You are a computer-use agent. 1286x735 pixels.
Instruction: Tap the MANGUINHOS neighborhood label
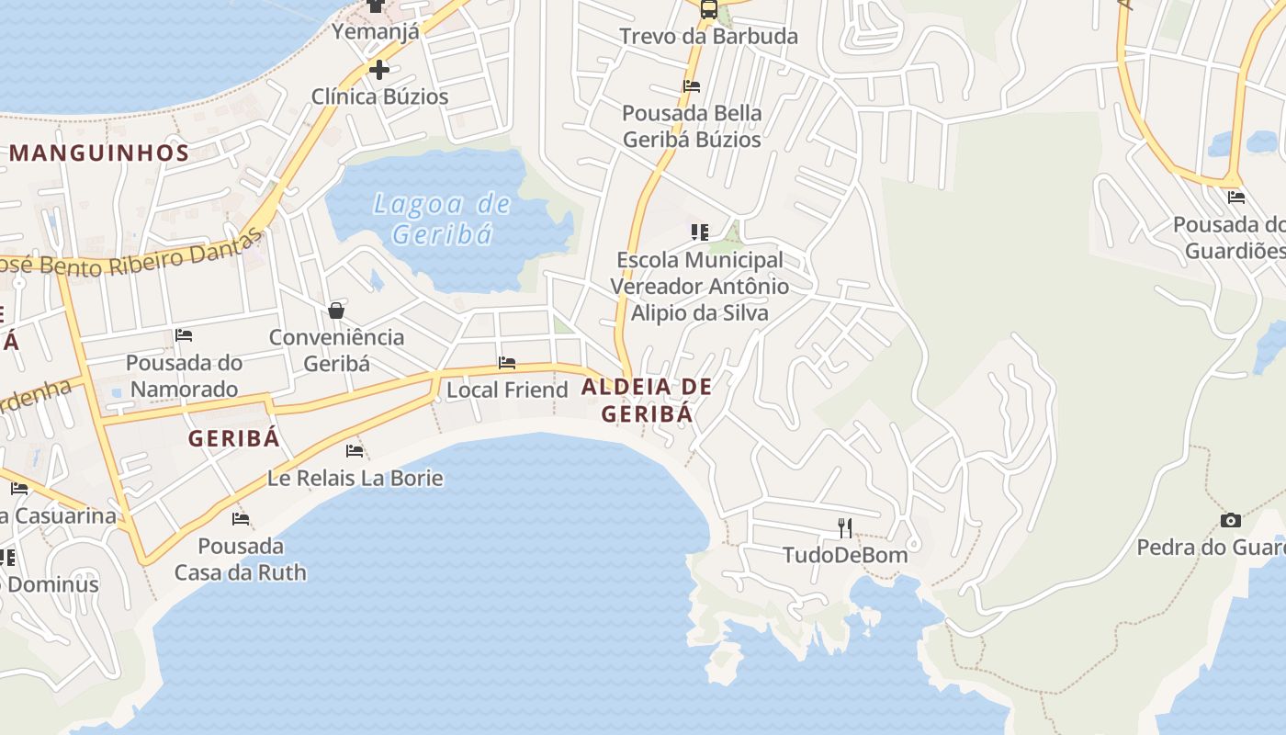click(x=99, y=153)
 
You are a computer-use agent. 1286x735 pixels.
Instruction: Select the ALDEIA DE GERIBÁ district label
click(x=647, y=400)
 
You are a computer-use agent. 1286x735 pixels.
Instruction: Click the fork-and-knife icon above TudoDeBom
click(x=845, y=527)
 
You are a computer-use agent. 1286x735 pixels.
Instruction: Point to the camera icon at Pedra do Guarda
click(x=1230, y=520)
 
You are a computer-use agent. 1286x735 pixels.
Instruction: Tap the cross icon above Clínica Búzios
click(x=378, y=69)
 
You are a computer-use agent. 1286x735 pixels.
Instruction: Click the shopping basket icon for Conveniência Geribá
click(x=336, y=311)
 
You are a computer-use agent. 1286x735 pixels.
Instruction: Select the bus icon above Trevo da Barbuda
click(x=708, y=9)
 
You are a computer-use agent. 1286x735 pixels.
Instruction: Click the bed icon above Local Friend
click(x=506, y=363)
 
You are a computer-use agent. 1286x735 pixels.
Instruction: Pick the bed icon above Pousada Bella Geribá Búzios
click(x=692, y=86)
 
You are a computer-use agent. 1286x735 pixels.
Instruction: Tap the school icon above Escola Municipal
click(x=700, y=232)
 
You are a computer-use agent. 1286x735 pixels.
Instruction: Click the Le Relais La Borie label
click(x=355, y=478)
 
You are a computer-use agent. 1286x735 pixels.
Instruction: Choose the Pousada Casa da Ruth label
click(x=241, y=560)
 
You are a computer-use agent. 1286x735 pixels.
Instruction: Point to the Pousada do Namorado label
click(x=184, y=376)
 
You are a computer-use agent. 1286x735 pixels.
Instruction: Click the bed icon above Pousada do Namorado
click(x=184, y=335)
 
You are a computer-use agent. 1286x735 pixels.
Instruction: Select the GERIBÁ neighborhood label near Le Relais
click(x=233, y=438)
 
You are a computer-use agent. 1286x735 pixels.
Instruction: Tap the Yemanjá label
click(x=375, y=31)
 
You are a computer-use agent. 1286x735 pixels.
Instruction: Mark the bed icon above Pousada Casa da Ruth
click(x=241, y=519)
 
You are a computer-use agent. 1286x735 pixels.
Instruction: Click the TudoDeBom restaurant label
click(x=845, y=555)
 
